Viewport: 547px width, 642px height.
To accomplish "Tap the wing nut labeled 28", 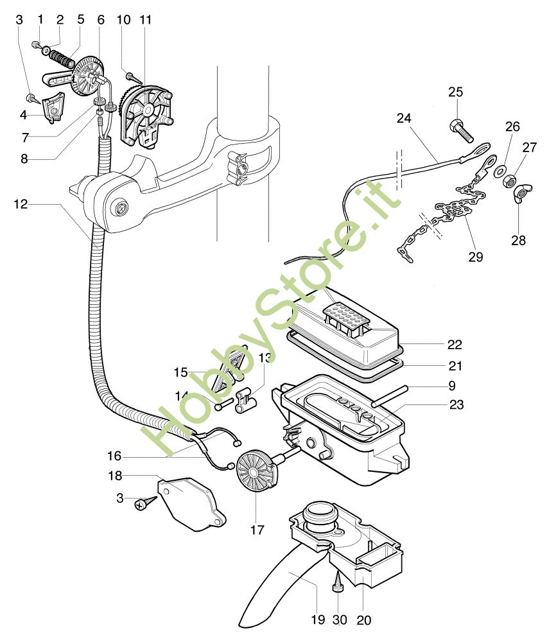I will [520, 195].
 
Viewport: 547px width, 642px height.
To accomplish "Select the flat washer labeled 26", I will [498, 171].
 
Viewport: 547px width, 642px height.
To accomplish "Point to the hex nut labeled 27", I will [511, 179].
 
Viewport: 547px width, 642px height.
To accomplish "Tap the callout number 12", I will [21, 204].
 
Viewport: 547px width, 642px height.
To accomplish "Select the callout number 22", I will [455, 345].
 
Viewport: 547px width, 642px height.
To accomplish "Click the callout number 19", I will [318, 620].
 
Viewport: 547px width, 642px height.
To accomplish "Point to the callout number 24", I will [404, 118].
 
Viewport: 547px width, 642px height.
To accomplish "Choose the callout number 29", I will [475, 257].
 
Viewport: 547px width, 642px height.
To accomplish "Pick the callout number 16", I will [113, 456].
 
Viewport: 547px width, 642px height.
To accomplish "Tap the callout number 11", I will [146, 19].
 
